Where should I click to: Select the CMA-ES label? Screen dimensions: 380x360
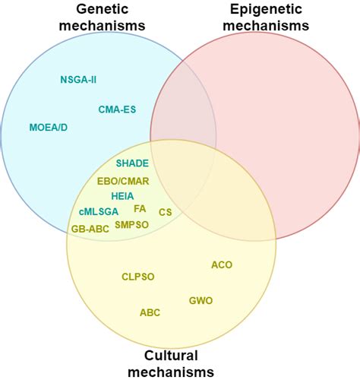[118, 109]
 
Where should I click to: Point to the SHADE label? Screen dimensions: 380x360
[132, 163]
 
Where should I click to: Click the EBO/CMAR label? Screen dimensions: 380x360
[123, 181]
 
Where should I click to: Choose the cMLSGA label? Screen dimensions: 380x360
[98, 211]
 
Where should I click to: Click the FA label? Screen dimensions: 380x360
[140, 208]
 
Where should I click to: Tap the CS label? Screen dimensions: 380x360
[165, 212]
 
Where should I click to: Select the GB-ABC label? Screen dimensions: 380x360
[90, 227]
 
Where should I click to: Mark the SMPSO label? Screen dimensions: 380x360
[133, 225]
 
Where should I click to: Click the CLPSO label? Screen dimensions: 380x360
[137, 277]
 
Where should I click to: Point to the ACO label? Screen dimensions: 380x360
[222, 265]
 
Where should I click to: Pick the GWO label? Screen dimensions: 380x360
[201, 301]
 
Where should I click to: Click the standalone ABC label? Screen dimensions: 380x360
[150, 312]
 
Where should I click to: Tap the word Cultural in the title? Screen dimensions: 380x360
[172, 356]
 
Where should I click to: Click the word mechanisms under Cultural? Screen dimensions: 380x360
[172, 372]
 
